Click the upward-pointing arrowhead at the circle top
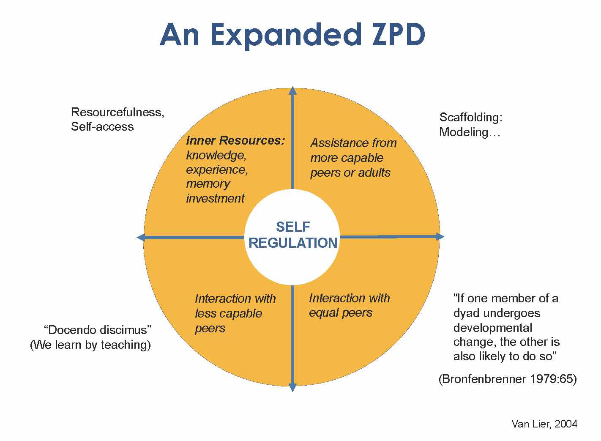click(292, 90)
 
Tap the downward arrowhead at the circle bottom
click(292, 387)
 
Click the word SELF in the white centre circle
click(293, 227)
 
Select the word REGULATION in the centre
click(293, 243)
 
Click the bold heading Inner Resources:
click(235, 140)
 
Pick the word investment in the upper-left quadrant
click(215, 198)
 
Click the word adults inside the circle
click(374, 173)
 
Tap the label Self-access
click(102, 126)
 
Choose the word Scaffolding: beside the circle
click(471, 117)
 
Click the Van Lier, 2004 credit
click(544, 424)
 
